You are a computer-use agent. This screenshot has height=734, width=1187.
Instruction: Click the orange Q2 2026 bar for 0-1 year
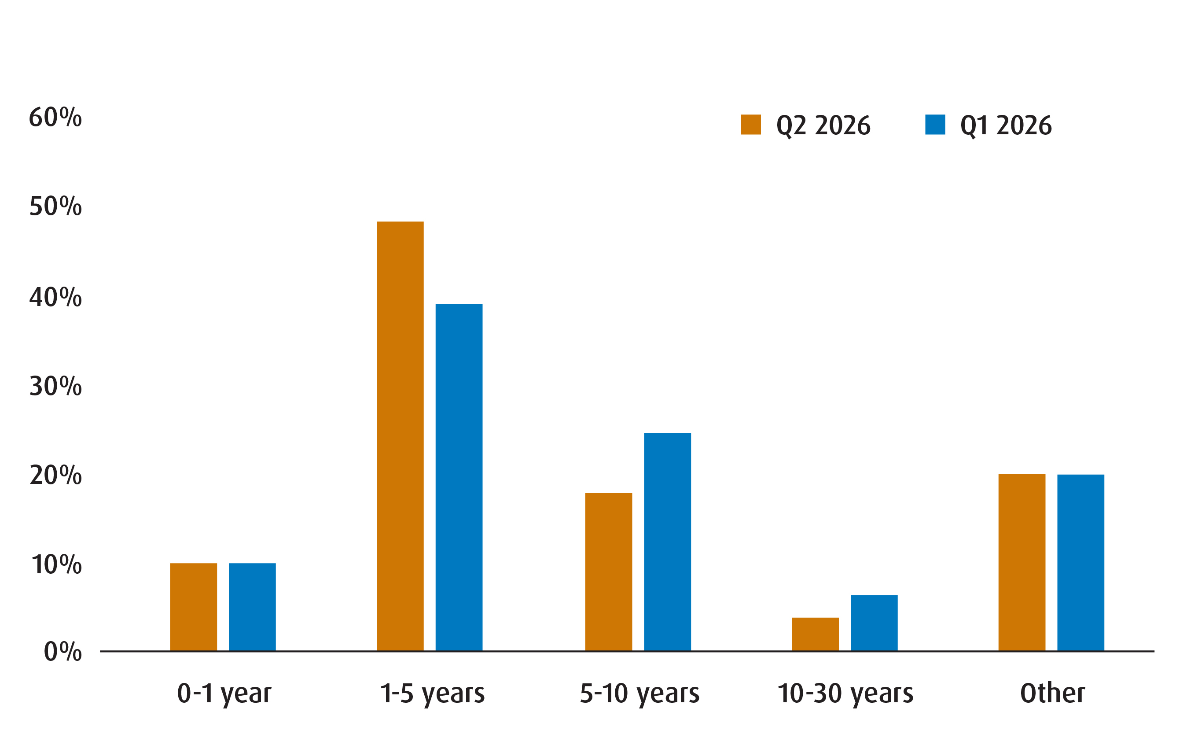(x=193, y=607)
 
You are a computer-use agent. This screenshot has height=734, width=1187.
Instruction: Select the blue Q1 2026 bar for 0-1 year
(x=252, y=607)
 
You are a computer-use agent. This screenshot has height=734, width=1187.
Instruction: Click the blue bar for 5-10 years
(x=668, y=542)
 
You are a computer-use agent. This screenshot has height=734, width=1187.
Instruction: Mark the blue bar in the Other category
(x=1081, y=563)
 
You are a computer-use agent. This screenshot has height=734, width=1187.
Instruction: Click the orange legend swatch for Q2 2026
(x=750, y=124)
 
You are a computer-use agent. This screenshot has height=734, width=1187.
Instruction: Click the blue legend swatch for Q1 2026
(x=935, y=124)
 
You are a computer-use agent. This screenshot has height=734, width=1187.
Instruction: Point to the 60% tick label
(x=55, y=118)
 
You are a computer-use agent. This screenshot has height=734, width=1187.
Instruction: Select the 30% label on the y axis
(x=55, y=387)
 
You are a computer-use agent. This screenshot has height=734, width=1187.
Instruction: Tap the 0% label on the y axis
(x=62, y=652)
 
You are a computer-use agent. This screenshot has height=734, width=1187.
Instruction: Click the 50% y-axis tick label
(x=55, y=207)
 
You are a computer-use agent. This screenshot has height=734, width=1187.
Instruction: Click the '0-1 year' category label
(x=224, y=693)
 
